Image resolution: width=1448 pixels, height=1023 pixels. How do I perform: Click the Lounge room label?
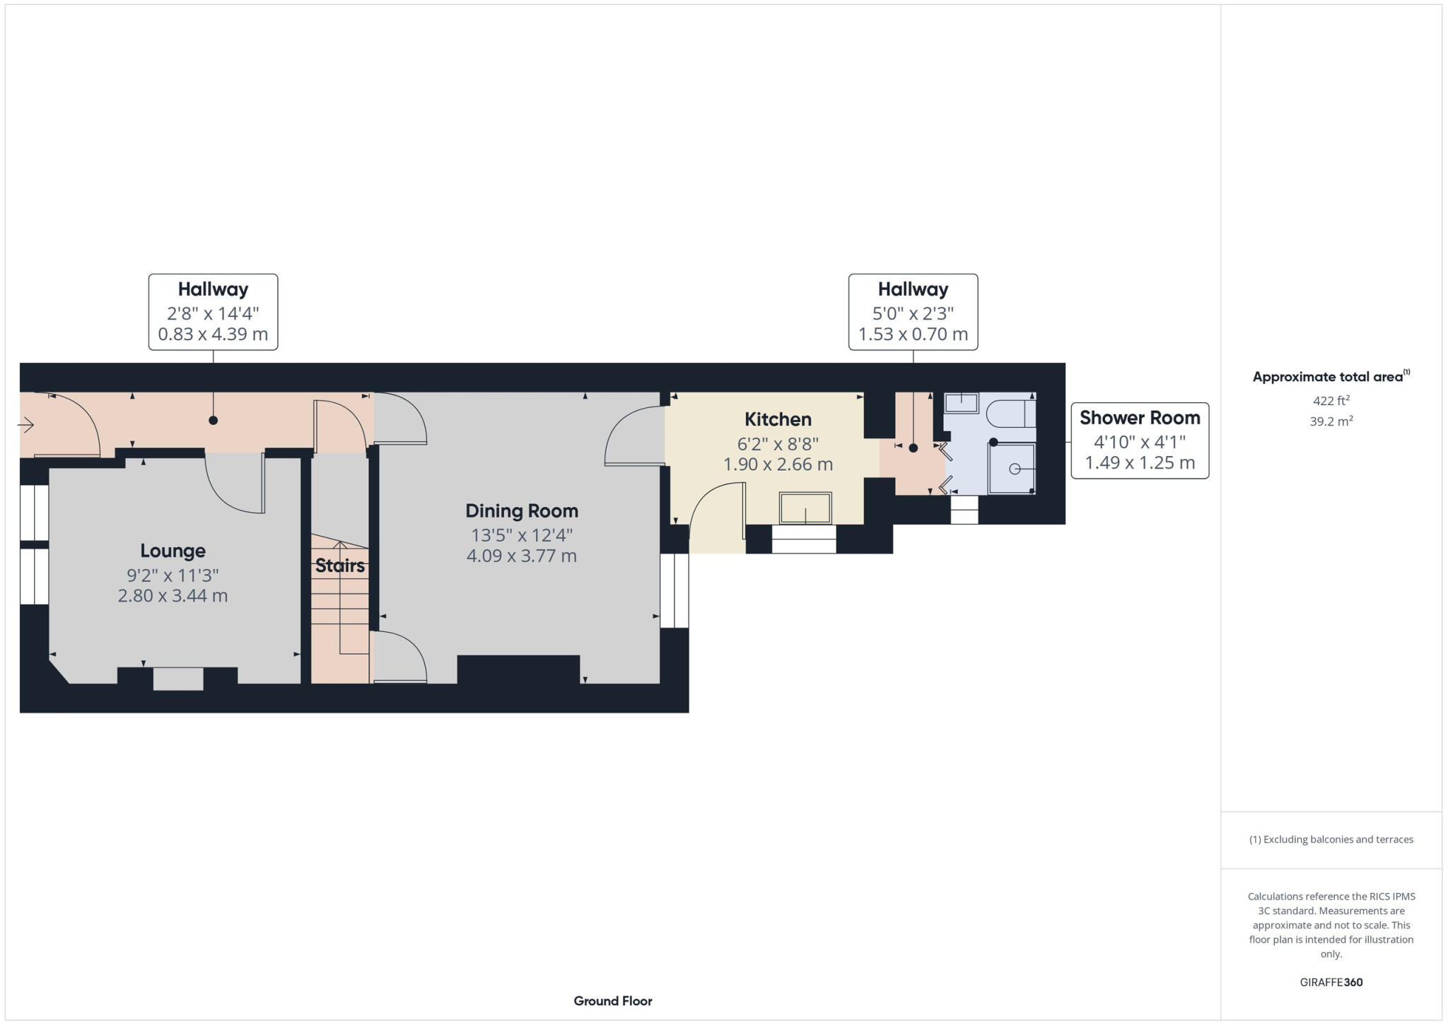coord(173,551)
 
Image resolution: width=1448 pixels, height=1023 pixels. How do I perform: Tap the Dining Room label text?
coord(521,510)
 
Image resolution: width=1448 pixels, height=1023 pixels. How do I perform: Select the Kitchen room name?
coord(777,419)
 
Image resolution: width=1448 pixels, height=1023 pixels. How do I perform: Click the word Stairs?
coord(340,566)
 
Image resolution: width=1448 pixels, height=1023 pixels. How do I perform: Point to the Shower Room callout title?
coord(1139,418)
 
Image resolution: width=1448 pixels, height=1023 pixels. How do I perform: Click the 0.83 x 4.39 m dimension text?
coord(213,334)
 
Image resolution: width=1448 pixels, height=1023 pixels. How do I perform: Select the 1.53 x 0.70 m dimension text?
coord(913,334)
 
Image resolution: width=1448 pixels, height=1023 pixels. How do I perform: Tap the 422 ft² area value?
coord(1331,401)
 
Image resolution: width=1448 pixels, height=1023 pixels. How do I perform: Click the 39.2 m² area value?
coord(1331,421)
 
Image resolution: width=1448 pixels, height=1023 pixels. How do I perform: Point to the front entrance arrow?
coord(26,425)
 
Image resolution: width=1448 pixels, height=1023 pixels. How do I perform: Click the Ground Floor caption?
coord(612,1000)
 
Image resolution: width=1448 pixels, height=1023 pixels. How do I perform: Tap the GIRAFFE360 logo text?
coord(1331,982)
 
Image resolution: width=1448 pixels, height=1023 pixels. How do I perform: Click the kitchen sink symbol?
coord(805,508)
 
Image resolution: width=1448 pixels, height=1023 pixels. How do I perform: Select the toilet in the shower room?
coord(1011,414)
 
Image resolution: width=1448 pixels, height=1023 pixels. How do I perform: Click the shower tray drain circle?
coord(1014,469)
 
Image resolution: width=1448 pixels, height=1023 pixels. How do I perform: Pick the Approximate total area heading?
coord(1331,377)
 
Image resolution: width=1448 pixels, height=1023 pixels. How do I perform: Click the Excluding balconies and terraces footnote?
coord(1331,839)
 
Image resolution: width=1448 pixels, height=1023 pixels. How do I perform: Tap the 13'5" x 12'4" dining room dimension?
coord(521,534)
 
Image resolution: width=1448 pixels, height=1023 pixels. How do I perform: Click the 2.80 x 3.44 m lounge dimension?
coord(173,595)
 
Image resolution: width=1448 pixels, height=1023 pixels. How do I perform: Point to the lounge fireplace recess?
coord(177,679)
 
